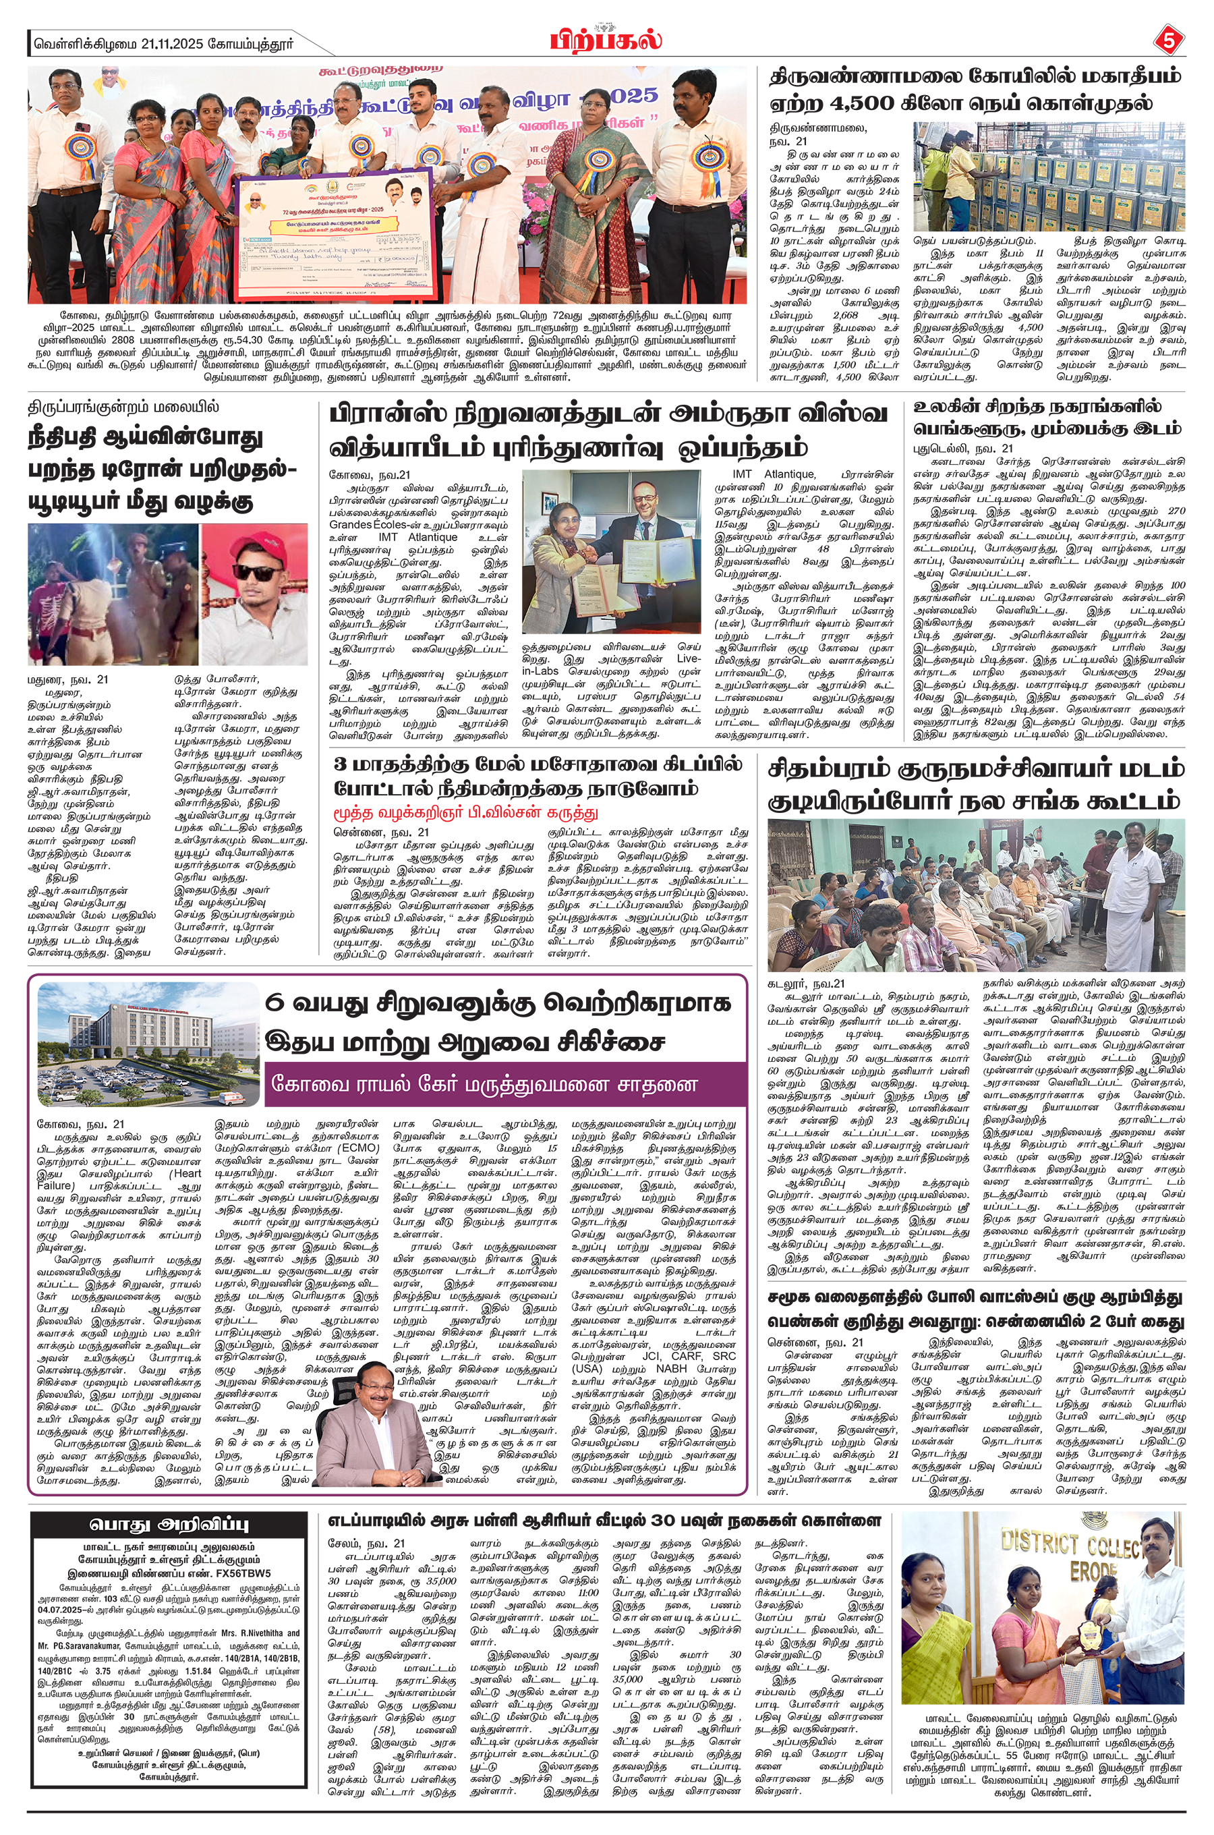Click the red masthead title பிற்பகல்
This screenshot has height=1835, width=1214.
(x=606, y=38)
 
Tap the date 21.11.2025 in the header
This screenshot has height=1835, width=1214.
(x=171, y=44)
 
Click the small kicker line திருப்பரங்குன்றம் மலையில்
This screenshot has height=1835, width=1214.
(x=123, y=407)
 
